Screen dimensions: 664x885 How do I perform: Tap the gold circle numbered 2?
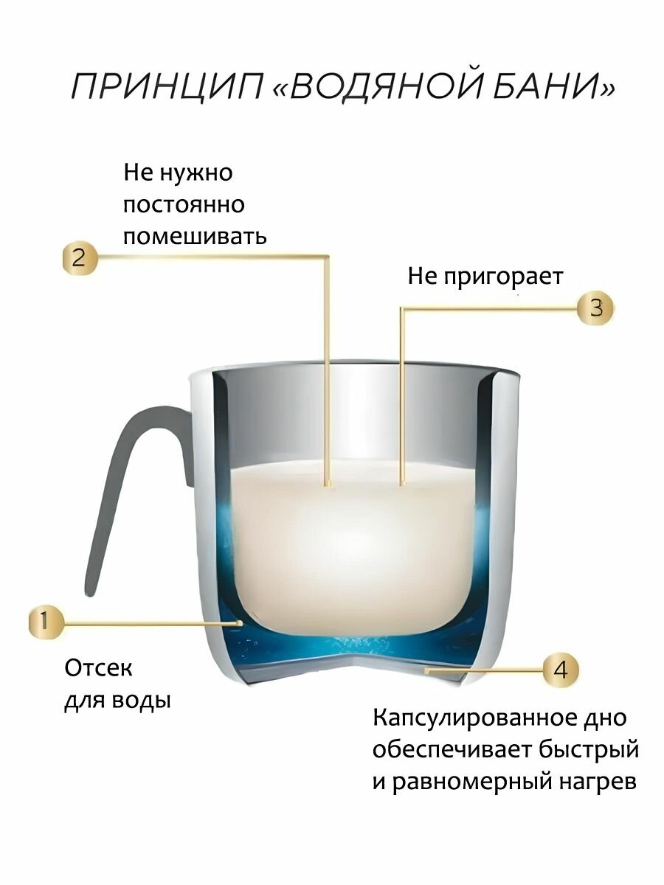[x=79, y=257]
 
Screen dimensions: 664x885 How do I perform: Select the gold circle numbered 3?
[x=595, y=308]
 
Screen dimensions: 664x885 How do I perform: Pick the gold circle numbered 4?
[x=561, y=670]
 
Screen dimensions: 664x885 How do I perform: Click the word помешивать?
[x=195, y=237]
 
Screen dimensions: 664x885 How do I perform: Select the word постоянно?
[x=184, y=204]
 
